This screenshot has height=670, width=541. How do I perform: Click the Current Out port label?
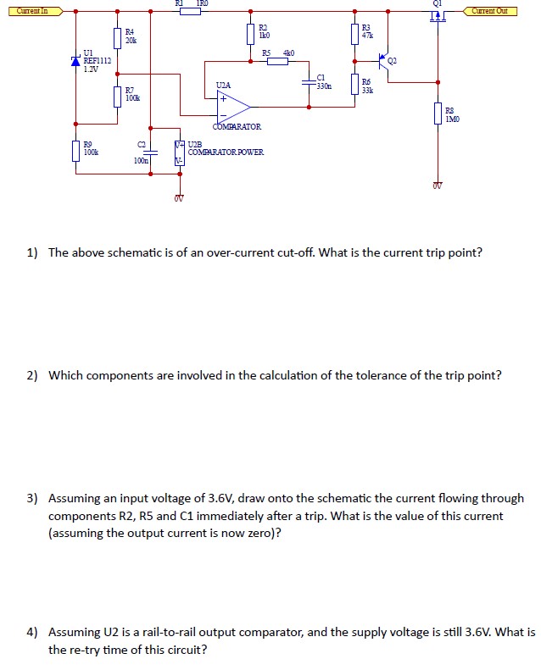490,11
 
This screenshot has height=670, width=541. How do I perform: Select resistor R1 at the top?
190,11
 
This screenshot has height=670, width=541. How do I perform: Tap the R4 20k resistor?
117,37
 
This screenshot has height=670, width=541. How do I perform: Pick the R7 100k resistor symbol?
117,97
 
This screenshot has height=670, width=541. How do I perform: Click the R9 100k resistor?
75,151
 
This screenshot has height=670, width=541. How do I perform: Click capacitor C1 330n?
310,82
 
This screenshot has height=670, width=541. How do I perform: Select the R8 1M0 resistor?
438,114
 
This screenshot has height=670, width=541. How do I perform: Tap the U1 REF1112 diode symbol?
75,61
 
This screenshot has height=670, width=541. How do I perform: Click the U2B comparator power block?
179,152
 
